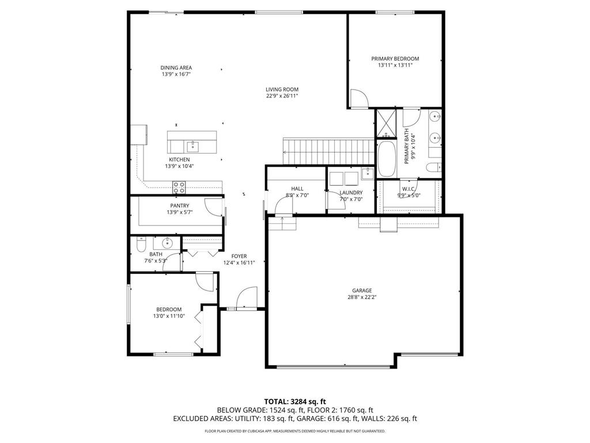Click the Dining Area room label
point(176,67)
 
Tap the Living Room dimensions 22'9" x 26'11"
point(282,96)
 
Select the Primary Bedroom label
point(395,59)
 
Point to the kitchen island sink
point(192,145)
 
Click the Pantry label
point(179,205)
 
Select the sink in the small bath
point(168,242)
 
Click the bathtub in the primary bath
point(385,159)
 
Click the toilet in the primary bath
point(434,168)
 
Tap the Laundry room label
point(351,193)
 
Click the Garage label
point(362,291)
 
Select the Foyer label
point(239,256)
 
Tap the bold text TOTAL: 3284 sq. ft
point(295,401)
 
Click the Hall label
point(297,189)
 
